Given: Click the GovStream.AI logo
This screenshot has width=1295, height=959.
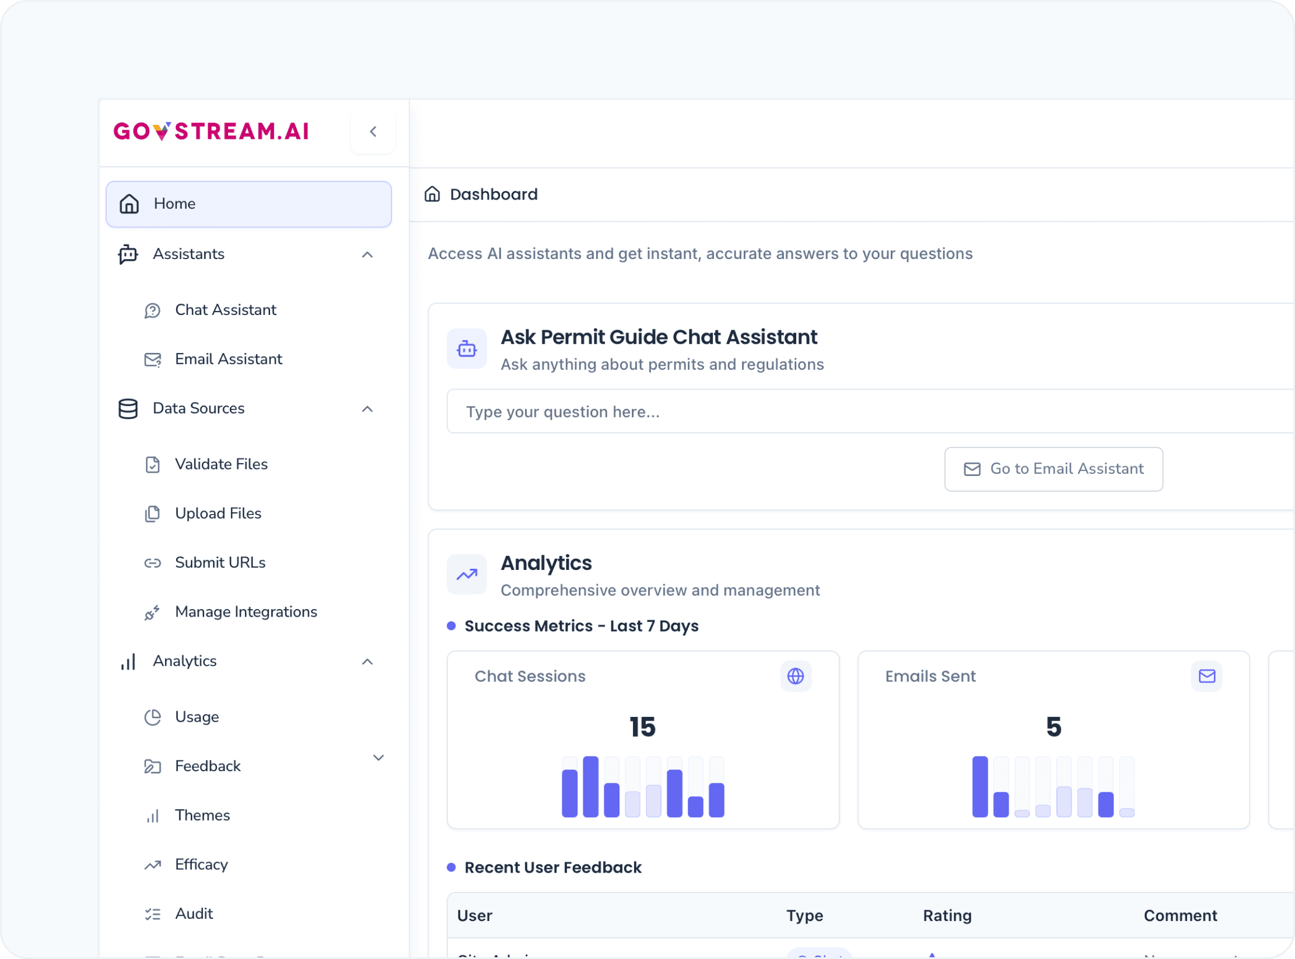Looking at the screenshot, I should coord(211,131).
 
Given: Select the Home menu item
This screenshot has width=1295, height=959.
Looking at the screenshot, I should coord(248,204).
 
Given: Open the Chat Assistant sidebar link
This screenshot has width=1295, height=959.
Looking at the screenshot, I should coord(225,310).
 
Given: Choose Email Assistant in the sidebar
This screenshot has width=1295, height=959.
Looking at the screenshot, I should coord(228,359).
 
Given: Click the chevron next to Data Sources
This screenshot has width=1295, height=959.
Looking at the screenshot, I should coord(367,409).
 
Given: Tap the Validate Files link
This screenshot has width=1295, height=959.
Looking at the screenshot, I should coord(221,464).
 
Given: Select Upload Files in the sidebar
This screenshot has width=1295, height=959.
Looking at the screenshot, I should coord(218,513).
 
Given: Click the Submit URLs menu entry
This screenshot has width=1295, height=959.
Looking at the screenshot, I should coord(220,562).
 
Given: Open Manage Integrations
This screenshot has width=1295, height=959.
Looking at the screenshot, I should coord(246,612).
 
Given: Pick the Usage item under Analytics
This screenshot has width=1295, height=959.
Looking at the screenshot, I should coord(197,717).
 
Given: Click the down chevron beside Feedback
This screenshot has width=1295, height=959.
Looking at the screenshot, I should coord(378,758).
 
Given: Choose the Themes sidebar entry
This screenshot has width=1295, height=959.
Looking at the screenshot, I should coord(202,815).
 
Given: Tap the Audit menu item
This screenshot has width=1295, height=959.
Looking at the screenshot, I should coord(194,914).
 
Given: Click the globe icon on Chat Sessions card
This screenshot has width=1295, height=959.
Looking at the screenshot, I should coord(796,676).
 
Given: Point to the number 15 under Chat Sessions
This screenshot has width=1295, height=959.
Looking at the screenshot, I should coord(642,727).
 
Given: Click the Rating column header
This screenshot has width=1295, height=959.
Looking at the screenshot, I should coord(947,916).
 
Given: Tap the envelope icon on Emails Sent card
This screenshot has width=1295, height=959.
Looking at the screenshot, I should coord(1206,676).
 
